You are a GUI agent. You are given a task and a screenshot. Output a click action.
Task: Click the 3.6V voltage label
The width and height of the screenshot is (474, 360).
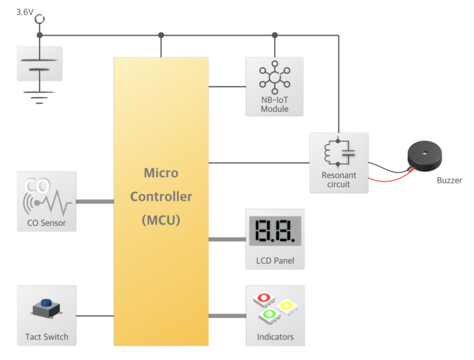pos(25,11)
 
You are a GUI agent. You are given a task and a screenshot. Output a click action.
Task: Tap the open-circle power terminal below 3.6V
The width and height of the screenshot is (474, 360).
pos(39,20)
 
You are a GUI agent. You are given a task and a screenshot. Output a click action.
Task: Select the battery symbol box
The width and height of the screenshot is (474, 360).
pos(39,64)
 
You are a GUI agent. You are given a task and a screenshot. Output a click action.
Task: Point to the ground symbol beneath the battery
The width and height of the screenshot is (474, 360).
pos(39,96)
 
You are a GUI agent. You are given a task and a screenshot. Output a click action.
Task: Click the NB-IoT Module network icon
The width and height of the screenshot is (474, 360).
pos(275,77)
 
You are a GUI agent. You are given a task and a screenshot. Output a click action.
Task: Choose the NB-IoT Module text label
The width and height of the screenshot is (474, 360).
pos(275,104)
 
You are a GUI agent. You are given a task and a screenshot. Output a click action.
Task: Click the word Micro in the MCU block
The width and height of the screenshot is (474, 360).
pos(161,173)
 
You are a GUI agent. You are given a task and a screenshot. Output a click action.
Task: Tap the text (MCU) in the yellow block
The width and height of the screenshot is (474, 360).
pos(161,219)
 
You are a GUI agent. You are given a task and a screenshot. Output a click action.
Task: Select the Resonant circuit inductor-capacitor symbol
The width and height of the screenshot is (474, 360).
pos(338,153)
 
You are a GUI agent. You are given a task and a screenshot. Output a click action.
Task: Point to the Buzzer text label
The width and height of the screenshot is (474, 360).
pos(449,180)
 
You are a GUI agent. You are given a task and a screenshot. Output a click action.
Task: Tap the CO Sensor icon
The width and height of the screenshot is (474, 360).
pos(47,196)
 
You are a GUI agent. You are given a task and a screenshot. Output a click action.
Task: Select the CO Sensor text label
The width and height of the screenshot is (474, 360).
pos(46,223)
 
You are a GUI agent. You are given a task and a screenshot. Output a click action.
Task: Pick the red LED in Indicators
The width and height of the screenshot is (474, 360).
pos(264,298)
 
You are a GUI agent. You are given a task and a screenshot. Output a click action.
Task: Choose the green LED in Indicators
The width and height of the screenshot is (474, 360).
pos(268,315)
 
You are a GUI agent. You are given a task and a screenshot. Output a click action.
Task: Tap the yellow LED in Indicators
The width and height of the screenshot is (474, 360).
pos(286,306)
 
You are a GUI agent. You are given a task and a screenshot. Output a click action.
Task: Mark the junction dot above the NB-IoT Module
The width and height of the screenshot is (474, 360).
pos(275,35)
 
